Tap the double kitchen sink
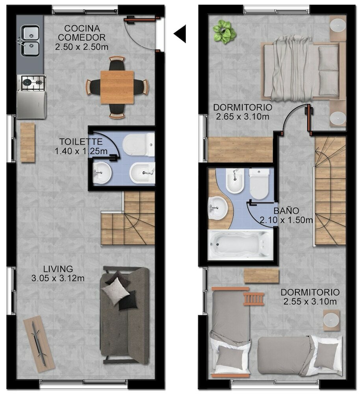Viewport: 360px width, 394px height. pyautogui.click(x=30, y=41)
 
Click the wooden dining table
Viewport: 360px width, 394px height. pyautogui.click(x=117, y=87)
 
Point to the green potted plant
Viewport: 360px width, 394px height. pyautogui.click(x=224, y=32)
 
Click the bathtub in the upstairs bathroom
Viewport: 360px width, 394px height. pyautogui.click(x=240, y=245)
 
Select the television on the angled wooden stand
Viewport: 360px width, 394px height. pyautogui.click(x=39, y=343)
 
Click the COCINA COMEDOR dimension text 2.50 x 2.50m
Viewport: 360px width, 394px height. pyautogui.click(x=82, y=47)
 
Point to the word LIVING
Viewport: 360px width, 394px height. pyautogui.click(x=58, y=269)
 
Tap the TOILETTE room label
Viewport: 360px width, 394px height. pyautogui.click(x=81, y=142)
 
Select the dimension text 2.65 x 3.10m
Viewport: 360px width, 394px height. pyautogui.click(x=242, y=117)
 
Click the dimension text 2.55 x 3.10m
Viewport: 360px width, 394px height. pyautogui.click(x=310, y=301)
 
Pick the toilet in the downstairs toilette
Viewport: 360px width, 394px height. pyautogui.click(x=139, y=145)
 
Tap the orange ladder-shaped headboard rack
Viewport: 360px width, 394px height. pyautogui.click(x=254, y=299)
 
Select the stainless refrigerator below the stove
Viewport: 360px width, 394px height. pyautogui.click(x=32, y=104)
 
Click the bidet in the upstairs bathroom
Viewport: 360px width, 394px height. pyautogui.click(x=235, y=180)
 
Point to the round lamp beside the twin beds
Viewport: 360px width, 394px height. pyautogui.click(x=331, y=320)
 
